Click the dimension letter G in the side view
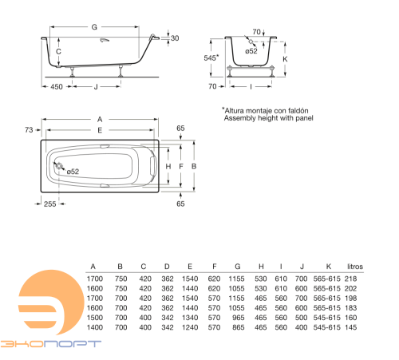(94, 27)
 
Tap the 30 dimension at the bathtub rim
(175, 38)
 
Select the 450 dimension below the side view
(57, 87)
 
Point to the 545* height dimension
(211, 57)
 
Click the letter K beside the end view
(285, 59)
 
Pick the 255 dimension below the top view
(50, 204)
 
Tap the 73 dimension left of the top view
(29, 130)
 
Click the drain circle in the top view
(59, 166)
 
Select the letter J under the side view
(96, 87)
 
